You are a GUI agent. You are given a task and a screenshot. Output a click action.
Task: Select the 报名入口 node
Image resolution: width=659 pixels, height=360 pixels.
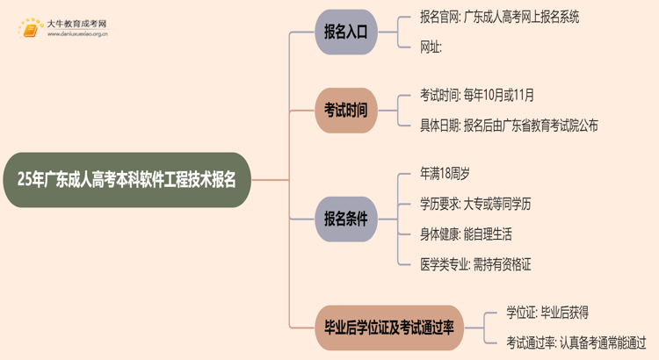pos(345,32)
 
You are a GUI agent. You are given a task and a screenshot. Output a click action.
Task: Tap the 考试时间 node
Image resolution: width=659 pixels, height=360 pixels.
pos(345,111)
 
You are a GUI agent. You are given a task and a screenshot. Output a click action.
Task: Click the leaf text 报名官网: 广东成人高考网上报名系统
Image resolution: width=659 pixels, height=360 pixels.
pos(499,17)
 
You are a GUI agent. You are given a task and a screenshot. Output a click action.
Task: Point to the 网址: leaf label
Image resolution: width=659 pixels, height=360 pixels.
pos(431,47)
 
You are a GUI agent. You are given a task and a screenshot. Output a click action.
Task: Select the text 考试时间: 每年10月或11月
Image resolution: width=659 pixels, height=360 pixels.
pos(476,95)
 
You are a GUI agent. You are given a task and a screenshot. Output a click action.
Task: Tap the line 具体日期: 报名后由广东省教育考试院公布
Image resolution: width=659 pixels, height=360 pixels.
pos(509,126)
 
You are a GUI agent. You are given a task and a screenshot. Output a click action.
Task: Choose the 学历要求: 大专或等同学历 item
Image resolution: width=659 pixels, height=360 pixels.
pos(475,204)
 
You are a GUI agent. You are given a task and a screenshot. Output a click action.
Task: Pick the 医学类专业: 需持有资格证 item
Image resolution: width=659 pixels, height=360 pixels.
pos(475,263)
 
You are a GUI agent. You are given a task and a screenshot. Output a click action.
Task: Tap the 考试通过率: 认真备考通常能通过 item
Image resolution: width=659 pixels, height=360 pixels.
pos(576,342)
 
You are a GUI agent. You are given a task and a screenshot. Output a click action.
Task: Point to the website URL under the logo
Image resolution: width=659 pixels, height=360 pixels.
pos(77,35)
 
